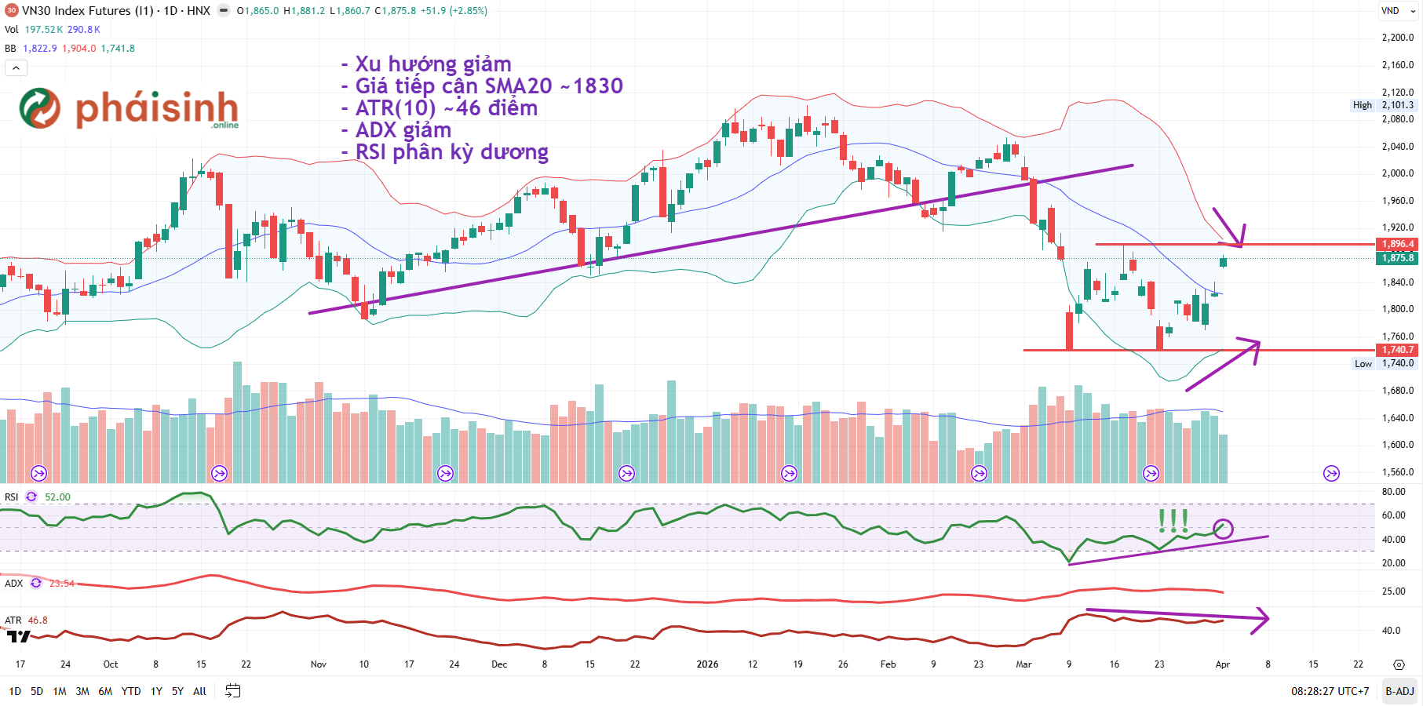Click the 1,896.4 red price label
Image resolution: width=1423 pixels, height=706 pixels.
[x=1398, y=244]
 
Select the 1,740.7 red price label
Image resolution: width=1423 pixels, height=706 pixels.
[x=1398, y=350]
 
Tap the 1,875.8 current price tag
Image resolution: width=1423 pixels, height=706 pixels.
[x=1398, y=258]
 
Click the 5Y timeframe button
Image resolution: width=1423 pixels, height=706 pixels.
[x=177, y=691]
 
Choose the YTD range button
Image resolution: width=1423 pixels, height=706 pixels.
[x=131, y=691]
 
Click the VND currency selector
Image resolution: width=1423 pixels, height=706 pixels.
[x=1396, y=11]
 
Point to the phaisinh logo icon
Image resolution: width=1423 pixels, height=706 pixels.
[x=40, y=108]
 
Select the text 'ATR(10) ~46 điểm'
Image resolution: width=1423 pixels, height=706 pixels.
[x=446, y=108]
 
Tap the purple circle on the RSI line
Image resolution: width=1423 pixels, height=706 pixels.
[x=1223, y=529]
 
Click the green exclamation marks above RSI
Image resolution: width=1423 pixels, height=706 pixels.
[x=1173, y=519]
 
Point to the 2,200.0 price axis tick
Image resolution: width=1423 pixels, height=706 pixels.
[x=1397, y=38]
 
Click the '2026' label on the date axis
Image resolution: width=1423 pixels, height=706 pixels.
[x=707, y=664]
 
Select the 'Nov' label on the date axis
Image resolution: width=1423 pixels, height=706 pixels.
[x=318, y=664]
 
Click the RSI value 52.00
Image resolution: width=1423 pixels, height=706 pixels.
[x=57, y=497]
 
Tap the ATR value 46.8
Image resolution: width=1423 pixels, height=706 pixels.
[x=38, y=620]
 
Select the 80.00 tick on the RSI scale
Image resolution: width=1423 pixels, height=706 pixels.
[x=1393, y=492]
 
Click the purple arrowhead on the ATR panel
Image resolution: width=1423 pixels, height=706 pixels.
[x=1261, y=619]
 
